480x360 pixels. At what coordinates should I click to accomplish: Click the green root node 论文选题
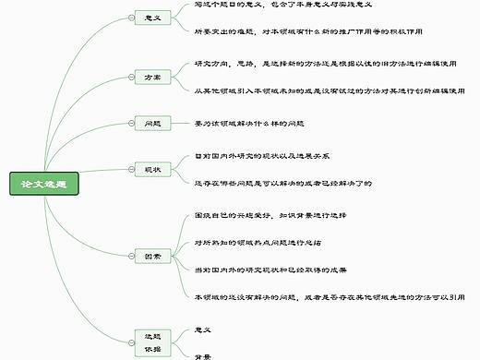pyautogui.click(x=45, y=184)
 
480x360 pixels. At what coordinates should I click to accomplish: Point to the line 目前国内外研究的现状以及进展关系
pyautogui.click(x=263, y=155)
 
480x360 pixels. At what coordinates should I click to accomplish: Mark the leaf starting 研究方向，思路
pyautogui.click(x=328, y=64)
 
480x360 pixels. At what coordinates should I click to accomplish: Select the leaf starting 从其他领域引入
pyautogui.click(x=328, y=90)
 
